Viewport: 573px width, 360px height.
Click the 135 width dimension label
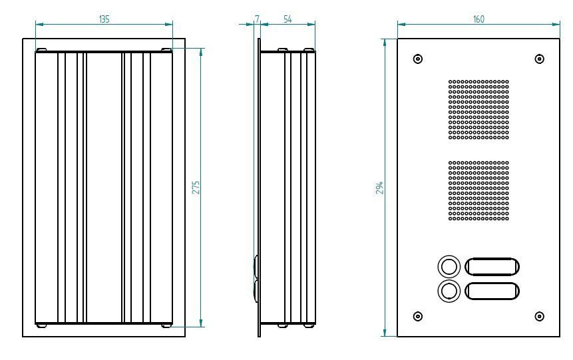[104, 19]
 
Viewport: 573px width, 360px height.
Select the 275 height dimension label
[196, 187]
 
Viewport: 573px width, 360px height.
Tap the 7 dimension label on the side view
[258, 19]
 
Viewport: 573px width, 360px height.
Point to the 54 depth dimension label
[288, 19]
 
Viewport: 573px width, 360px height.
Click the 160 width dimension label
[478, 19]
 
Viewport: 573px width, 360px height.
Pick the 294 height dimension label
[380, 187]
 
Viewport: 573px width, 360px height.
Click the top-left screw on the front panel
[418, 59]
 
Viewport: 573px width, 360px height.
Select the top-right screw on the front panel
[539, 59]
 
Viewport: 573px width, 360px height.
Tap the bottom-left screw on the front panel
[418, 316]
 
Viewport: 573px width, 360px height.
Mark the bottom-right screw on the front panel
[539, 316]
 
